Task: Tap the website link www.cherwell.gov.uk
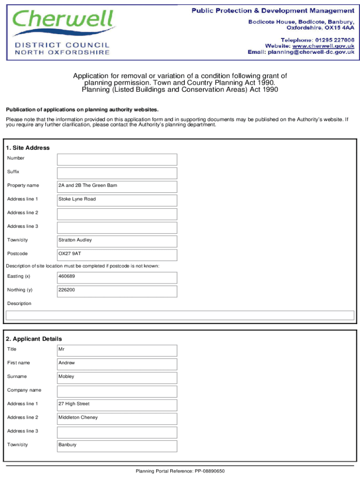coord(323,46)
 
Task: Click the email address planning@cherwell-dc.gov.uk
coord(310,52)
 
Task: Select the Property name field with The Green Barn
coord(117,186)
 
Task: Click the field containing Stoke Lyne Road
coord(117,200)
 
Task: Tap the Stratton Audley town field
coord(117,241)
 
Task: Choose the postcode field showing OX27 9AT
coord(117,254)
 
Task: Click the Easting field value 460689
coord(117,277)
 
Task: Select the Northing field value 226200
coord(117,290)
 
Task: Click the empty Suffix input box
coord(117,173)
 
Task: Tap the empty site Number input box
coord(117,159)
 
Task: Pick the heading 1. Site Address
coord(28,148)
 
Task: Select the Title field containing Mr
coord(117,350)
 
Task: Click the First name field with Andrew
coord(117,363)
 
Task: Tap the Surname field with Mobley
coord(117,377)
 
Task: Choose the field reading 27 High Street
coord(117,405)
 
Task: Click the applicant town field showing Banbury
coord(117,445)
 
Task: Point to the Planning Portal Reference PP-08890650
coord(180,471)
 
